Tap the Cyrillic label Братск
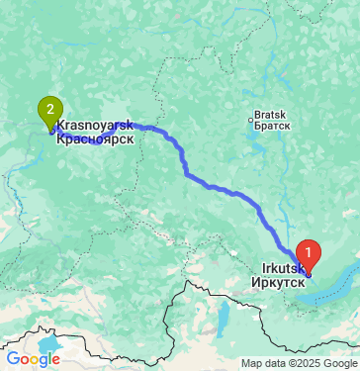click(271, 126)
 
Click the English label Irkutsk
click(284, 268)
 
